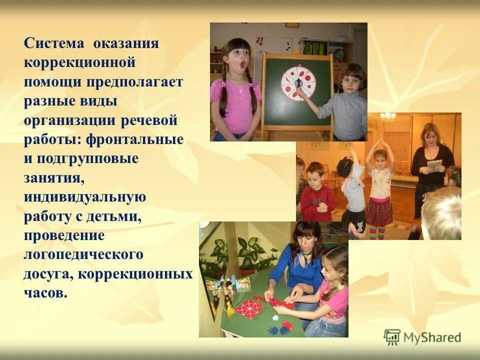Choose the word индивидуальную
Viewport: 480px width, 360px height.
point(85,197)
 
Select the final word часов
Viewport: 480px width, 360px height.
point(45,293)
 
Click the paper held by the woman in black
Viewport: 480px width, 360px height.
point(435,164)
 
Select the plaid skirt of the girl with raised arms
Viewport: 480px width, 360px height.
point(379,211)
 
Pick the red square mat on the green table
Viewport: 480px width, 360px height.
point(249,307)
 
